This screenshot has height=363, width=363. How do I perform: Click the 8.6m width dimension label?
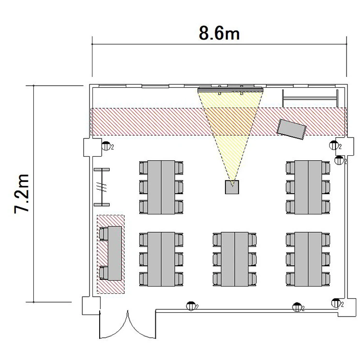(x=219, y=33)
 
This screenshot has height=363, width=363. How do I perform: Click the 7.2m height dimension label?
(x=21, y=194)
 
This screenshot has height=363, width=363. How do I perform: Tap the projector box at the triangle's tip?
(x=232, y=187)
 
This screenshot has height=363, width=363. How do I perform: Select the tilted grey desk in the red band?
(x=292, y=129)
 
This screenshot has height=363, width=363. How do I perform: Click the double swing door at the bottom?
(x=128, y=324)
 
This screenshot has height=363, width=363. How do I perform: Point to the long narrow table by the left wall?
(x=115, y=253)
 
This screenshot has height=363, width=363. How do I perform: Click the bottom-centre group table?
(x=235, y=259)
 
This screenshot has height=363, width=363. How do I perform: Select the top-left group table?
(x=161, y=187)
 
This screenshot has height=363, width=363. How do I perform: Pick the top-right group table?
(x=308, y=187)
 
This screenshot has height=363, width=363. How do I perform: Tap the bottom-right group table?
(x=308, y=259)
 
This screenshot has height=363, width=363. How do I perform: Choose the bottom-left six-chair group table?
(x=161, y=259)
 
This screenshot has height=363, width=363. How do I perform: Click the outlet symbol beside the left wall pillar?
(x=106, y=146)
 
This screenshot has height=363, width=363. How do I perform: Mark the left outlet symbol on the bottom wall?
(x=191, y=306)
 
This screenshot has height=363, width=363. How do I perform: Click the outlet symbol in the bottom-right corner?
(x=336, y=303)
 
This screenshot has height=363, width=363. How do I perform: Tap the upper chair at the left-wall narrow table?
(x=104, y=234)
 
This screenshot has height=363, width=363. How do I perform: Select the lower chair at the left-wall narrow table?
(x=104, y=273)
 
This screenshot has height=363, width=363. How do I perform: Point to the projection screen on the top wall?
(x=230, y=90)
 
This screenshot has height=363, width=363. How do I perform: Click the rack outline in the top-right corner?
(x=310, y=98)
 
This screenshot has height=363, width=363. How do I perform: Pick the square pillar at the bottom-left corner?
(x=91, y=306)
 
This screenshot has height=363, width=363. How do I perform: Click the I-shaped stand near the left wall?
(x=102, y=187)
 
